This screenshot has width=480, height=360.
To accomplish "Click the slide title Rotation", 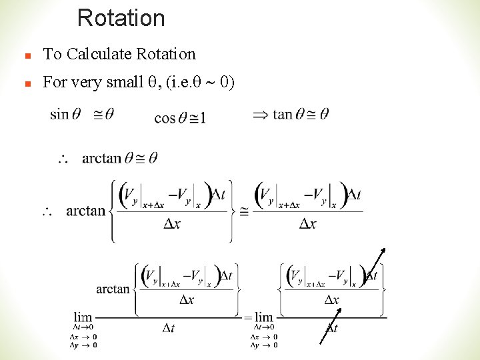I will tap(121, 18).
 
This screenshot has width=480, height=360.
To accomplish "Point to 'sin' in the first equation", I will tap(59, 114).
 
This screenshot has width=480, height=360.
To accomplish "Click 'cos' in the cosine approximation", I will tap(165, 118).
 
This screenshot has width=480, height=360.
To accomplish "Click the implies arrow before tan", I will tap(261, 115).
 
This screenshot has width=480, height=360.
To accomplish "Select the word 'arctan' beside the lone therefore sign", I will tap(101, 159).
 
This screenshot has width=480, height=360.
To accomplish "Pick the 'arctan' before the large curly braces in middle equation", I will tap(86, 211).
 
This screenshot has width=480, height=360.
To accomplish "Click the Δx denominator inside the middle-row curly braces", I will tap(172, 224).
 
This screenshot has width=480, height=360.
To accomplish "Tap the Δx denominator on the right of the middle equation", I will tap(307, 224).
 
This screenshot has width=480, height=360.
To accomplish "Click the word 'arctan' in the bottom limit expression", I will tap(113, 289).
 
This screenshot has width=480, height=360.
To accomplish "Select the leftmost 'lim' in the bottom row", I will tap(83, 317).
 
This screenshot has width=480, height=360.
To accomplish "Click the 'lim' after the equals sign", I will tap(264, 317).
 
